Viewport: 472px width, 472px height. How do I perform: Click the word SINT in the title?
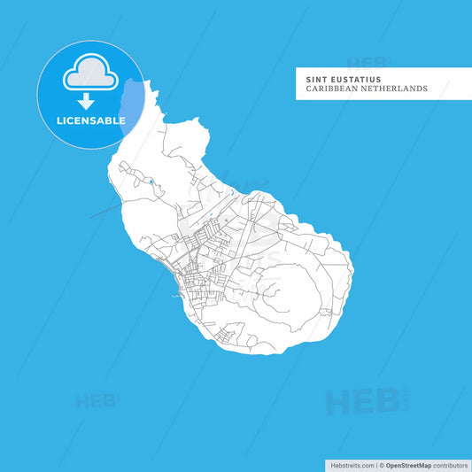click(x=315, y=78)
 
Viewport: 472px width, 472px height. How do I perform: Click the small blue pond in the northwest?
click(x=151, y=182)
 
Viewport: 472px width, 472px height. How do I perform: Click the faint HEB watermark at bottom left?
click(x=97, y=400)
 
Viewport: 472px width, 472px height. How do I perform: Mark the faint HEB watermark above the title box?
click(x=367, y=63)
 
